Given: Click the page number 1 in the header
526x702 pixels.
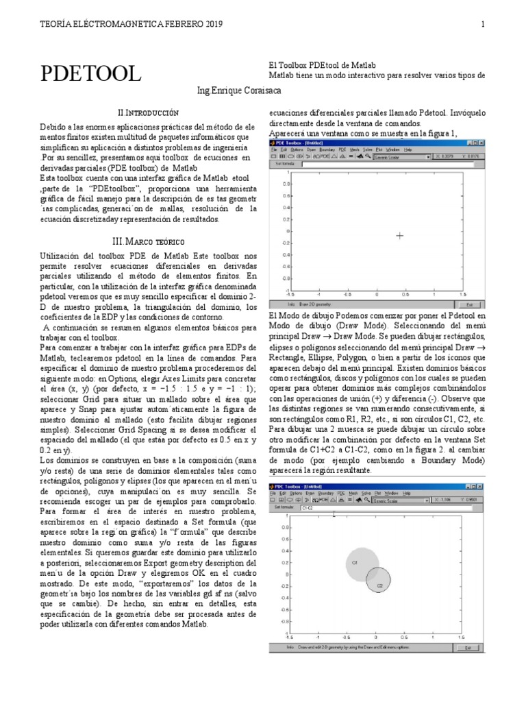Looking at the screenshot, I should point(483,25).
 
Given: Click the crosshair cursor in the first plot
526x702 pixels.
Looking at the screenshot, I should point(400,235).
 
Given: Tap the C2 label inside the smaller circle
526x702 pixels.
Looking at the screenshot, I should point(379,585).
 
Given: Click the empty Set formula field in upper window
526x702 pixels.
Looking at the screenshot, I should point(384,165).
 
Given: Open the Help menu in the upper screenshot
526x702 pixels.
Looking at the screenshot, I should point(408,149).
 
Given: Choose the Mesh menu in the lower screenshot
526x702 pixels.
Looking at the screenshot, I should point(354,493).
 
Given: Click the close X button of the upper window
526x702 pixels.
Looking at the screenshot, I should point(479,142).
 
